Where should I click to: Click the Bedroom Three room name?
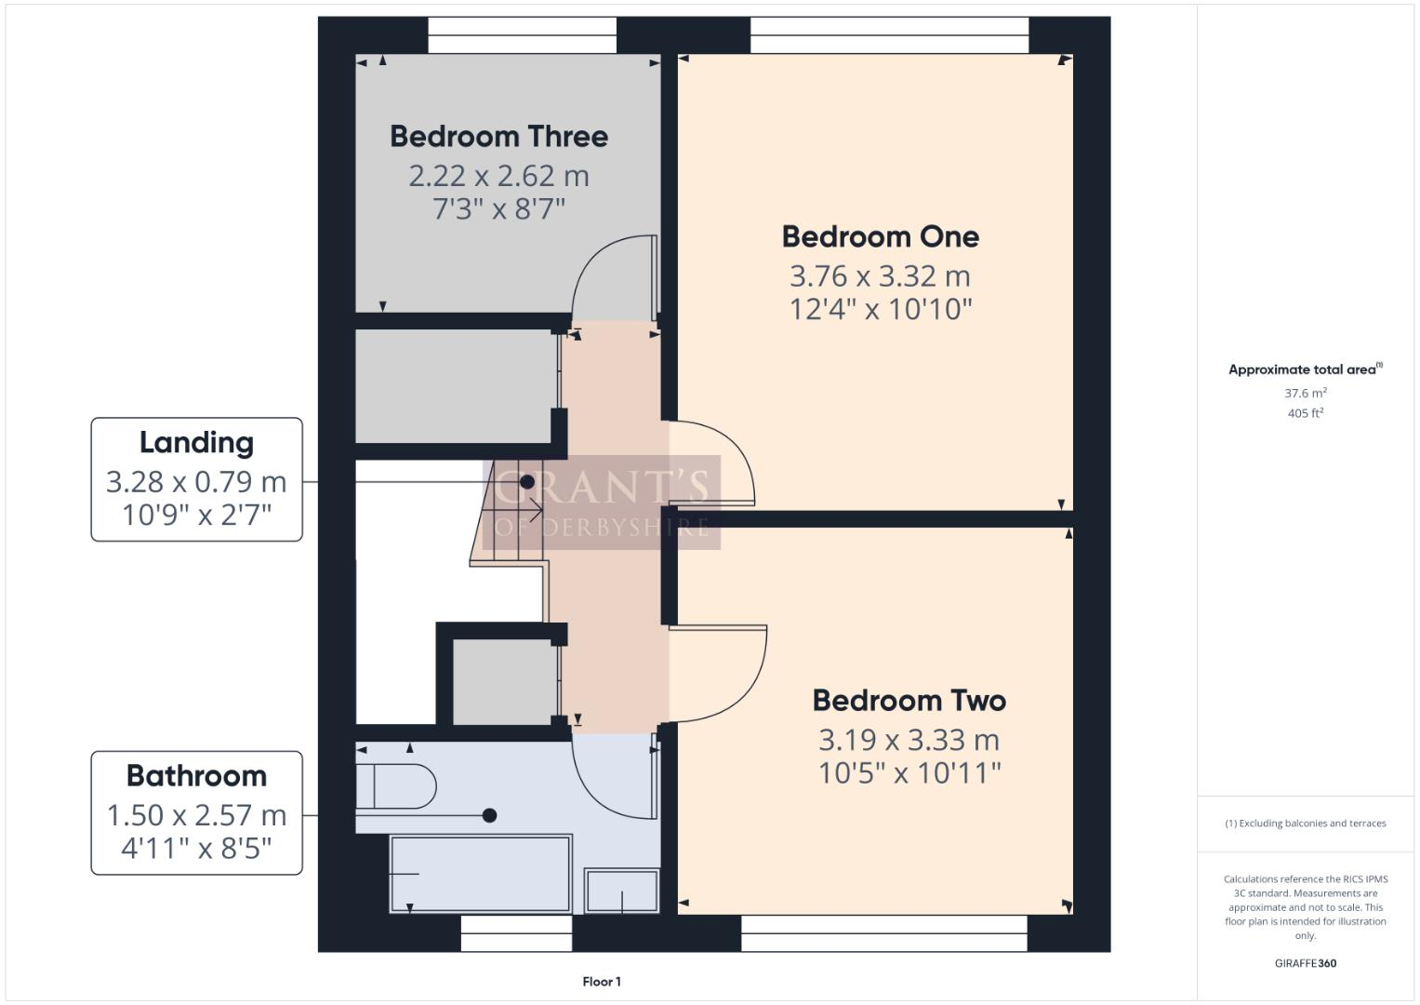pos(498,137)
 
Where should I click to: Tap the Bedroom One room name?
pos(880,237)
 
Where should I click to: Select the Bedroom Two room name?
pos(909,701)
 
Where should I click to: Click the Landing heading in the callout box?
pos(196,443)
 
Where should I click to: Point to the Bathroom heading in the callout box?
pos(196,776)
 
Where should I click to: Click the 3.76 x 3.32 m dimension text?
pos(880,276)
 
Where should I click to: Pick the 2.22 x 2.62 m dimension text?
pos(498,176)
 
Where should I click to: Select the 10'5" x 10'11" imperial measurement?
pos(909,773)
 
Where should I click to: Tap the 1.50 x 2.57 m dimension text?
pos(196,815)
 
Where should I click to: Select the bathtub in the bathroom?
pos(480,874)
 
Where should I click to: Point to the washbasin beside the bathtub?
pos(621,891)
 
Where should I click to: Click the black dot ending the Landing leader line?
pos(527,482)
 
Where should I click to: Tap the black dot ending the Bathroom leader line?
pos(489,816)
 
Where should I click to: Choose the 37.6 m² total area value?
pos(1305,394)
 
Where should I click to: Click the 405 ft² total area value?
pos(1305,413)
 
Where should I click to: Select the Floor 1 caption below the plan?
pos(602,982)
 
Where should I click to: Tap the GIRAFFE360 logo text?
pos(1305,963)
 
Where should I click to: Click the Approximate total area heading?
pos(1304,369)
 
